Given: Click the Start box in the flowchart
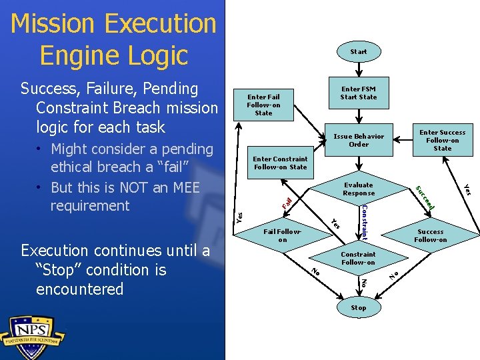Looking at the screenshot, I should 358,51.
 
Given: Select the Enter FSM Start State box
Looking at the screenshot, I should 358,93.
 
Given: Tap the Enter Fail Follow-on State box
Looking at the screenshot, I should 263,105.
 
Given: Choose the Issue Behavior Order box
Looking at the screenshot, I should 359,140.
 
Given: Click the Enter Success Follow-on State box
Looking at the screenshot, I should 442,140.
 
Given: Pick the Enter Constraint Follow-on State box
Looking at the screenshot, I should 280,163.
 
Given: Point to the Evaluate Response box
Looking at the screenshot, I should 359,189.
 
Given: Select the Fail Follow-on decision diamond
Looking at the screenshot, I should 283,235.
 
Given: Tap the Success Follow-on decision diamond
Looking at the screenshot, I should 430,235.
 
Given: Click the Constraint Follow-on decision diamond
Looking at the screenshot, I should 358,258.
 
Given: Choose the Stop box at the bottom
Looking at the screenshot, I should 358,307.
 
